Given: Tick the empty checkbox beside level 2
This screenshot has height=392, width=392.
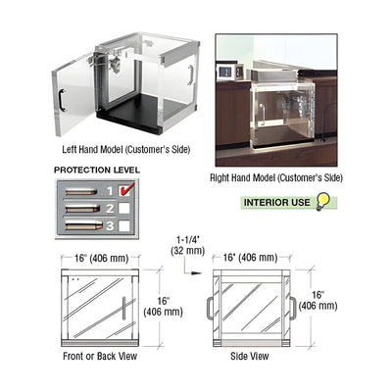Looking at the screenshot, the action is tap(124, 208).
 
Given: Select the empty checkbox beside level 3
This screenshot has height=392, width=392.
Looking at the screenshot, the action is tap(124, 225).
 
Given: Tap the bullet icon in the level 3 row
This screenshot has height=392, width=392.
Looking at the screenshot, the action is tap(84, 225).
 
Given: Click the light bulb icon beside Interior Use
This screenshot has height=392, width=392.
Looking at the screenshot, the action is tap(322, 202).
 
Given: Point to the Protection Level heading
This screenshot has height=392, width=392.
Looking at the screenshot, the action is tap(97, 171).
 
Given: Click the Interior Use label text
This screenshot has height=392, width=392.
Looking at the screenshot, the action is tap(276, 203).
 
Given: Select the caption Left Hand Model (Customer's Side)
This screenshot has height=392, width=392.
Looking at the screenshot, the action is tap(126, 150).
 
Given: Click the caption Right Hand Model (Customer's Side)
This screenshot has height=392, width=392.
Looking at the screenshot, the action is tap(276, 178).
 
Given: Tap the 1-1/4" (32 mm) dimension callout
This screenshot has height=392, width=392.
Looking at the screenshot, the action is tap(187, 245).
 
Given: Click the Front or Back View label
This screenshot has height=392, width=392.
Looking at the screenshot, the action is tap(100, 356).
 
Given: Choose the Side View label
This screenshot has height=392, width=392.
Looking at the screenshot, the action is tap(250, 356).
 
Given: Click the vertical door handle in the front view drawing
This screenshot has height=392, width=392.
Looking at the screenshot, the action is tap(124, 308).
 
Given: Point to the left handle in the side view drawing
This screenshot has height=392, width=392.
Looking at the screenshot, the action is tap(210, 309).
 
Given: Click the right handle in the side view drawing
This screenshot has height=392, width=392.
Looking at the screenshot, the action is tap(293, 309).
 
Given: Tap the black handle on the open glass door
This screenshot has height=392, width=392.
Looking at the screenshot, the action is tap(62, 100).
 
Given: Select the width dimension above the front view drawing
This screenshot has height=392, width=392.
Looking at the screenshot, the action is tap(101, 259).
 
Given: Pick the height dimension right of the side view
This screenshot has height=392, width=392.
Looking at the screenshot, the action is tap(318, 300).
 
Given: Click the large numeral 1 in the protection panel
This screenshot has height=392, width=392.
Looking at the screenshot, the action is tap(110, 191).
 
